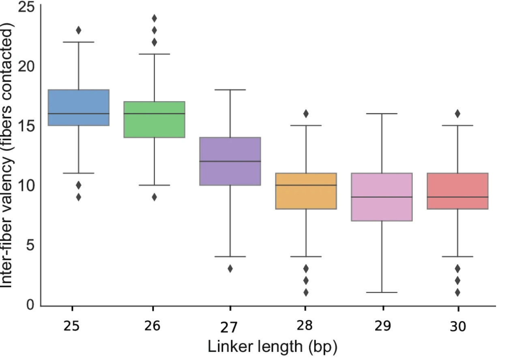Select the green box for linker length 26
tap(155, 119)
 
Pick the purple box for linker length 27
tap(230, 161)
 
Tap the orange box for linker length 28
tap(306, 191)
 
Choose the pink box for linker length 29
tap(382, 197)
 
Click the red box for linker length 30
tap(457, 191)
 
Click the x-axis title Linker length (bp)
tap(272, 347)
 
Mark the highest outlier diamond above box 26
tap(155, 18)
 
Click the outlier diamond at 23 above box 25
tap(79, 30)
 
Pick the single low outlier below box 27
tap(230, 268)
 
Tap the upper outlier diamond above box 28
tap(306, 114)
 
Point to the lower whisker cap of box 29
tap(382, 292)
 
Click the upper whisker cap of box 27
tap(230, 90)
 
